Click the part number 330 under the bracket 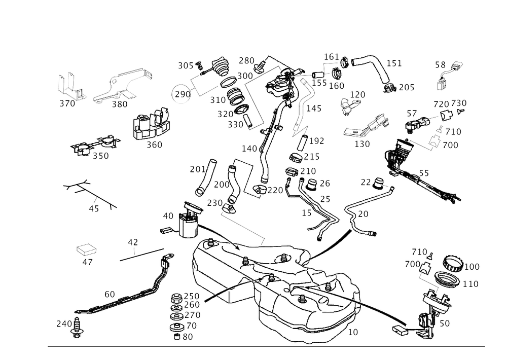(120, 105)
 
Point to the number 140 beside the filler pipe (249, 149)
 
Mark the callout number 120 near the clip (358, 95)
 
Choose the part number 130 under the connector (361, 144)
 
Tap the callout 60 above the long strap (109, 294)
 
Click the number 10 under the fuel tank (353, 332)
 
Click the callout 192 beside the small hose (317, 139)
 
